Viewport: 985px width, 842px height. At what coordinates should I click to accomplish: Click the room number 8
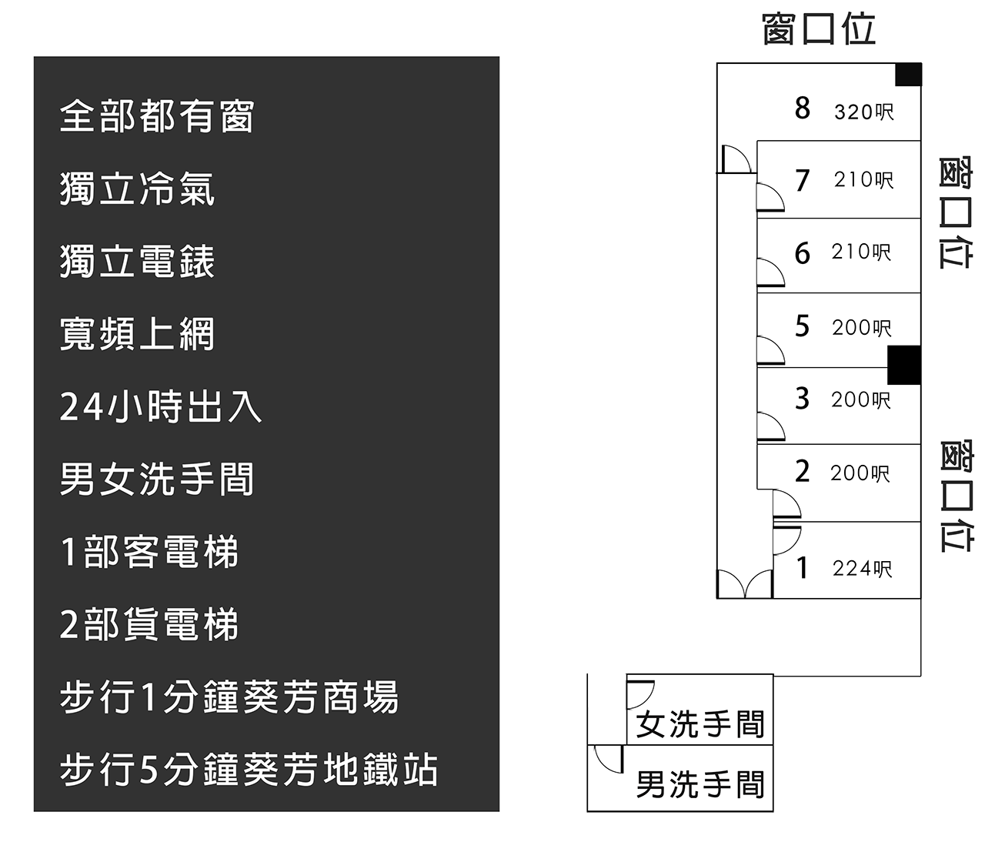(803, 109)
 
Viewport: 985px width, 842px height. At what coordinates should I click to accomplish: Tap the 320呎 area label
(864, 112)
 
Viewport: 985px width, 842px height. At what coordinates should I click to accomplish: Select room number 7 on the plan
(803, 181)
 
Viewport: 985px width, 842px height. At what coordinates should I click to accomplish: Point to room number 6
(803, 253)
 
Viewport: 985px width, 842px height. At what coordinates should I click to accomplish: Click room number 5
(803, 326)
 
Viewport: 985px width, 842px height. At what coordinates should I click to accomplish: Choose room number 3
(803, 399)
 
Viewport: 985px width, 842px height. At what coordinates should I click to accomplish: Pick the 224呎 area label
(863, 569)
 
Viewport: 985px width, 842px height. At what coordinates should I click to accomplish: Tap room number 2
(803, 471)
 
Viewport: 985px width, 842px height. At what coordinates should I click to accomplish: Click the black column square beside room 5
(904, 365)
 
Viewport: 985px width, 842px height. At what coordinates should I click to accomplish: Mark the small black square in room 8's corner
(908, 75)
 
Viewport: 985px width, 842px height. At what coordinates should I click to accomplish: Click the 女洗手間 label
(700, 724)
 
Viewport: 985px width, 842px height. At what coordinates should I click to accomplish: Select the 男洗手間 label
(700, 785)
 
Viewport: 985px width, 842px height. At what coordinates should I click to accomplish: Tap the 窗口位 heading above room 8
(819, 30)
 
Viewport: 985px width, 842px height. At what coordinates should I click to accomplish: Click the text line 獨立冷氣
(137, 189)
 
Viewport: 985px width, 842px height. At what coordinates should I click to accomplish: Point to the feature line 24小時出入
(161, 407)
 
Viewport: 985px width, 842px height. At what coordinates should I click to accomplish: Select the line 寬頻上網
(137, 335)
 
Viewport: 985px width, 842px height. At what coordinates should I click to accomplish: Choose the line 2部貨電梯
(149, 625)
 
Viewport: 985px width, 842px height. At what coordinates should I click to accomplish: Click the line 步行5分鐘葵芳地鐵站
(249, 770)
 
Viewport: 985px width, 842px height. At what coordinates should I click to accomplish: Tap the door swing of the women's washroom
(639, 693)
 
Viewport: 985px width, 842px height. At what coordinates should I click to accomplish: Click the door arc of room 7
(770, 199)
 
